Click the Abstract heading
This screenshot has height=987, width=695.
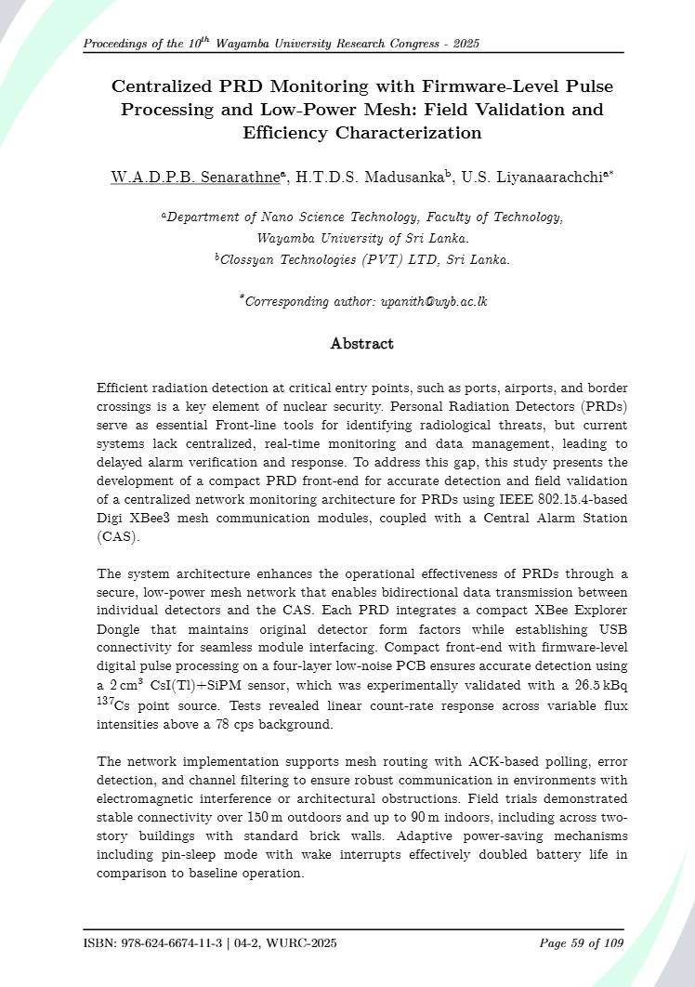tap(362, 344)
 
